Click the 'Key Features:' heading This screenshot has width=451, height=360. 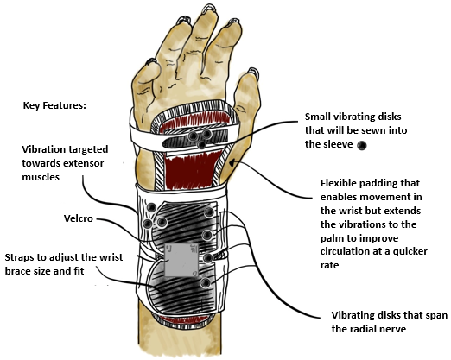coord(54,105)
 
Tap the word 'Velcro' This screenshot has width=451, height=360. coord(79,218)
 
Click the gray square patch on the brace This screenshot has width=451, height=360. coord(181,260)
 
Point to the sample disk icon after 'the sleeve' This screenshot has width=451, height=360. coord(362,145)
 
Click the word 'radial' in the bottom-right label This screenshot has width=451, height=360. coord(364,329)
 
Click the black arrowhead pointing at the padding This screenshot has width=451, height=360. coord(232,162)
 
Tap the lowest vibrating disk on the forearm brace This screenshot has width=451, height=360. coord(206,283)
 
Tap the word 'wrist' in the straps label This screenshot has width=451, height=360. coord(111,257)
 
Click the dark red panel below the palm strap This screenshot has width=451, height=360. coord(191,171)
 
